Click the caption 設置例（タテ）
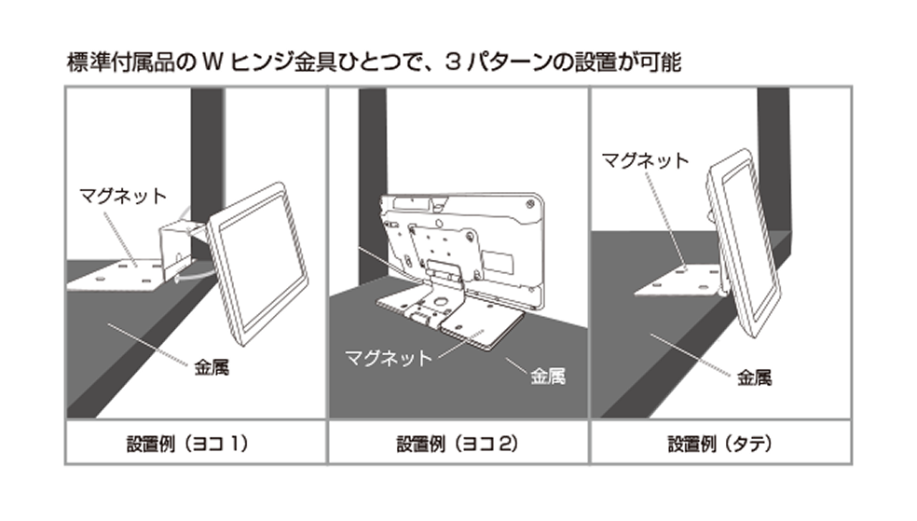point(720,444)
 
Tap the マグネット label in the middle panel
point(389,357)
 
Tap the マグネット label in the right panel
point(645,159)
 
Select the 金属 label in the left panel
point(212,367)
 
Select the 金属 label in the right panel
point(754,378)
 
